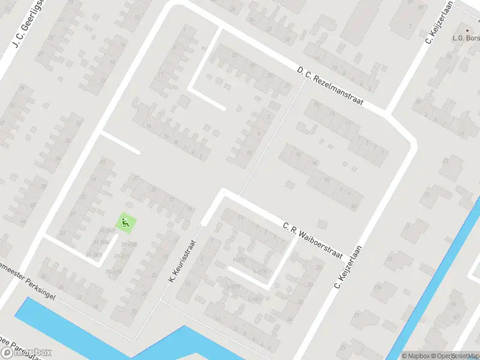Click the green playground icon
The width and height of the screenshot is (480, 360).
[125, 224]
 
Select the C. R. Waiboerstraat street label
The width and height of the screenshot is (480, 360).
[312, 241]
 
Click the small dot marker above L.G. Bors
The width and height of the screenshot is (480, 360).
[467, 29]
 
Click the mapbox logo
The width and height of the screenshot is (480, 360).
[26, 353]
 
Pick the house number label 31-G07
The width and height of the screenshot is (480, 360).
[108, 230]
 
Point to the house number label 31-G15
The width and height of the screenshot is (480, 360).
[114, 272]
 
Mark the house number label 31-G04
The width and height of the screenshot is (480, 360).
[101, 242]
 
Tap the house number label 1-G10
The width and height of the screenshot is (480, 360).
[240, 260]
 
